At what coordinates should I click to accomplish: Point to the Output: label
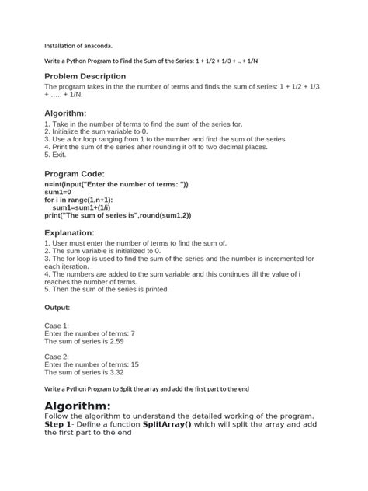tap(60, 307)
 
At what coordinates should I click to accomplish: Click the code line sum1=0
tap(58, 191)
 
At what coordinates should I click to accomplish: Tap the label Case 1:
tap(57, 326)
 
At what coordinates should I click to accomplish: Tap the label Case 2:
tap(57, 356)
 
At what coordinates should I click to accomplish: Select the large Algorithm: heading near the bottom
tap(89, 407)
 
